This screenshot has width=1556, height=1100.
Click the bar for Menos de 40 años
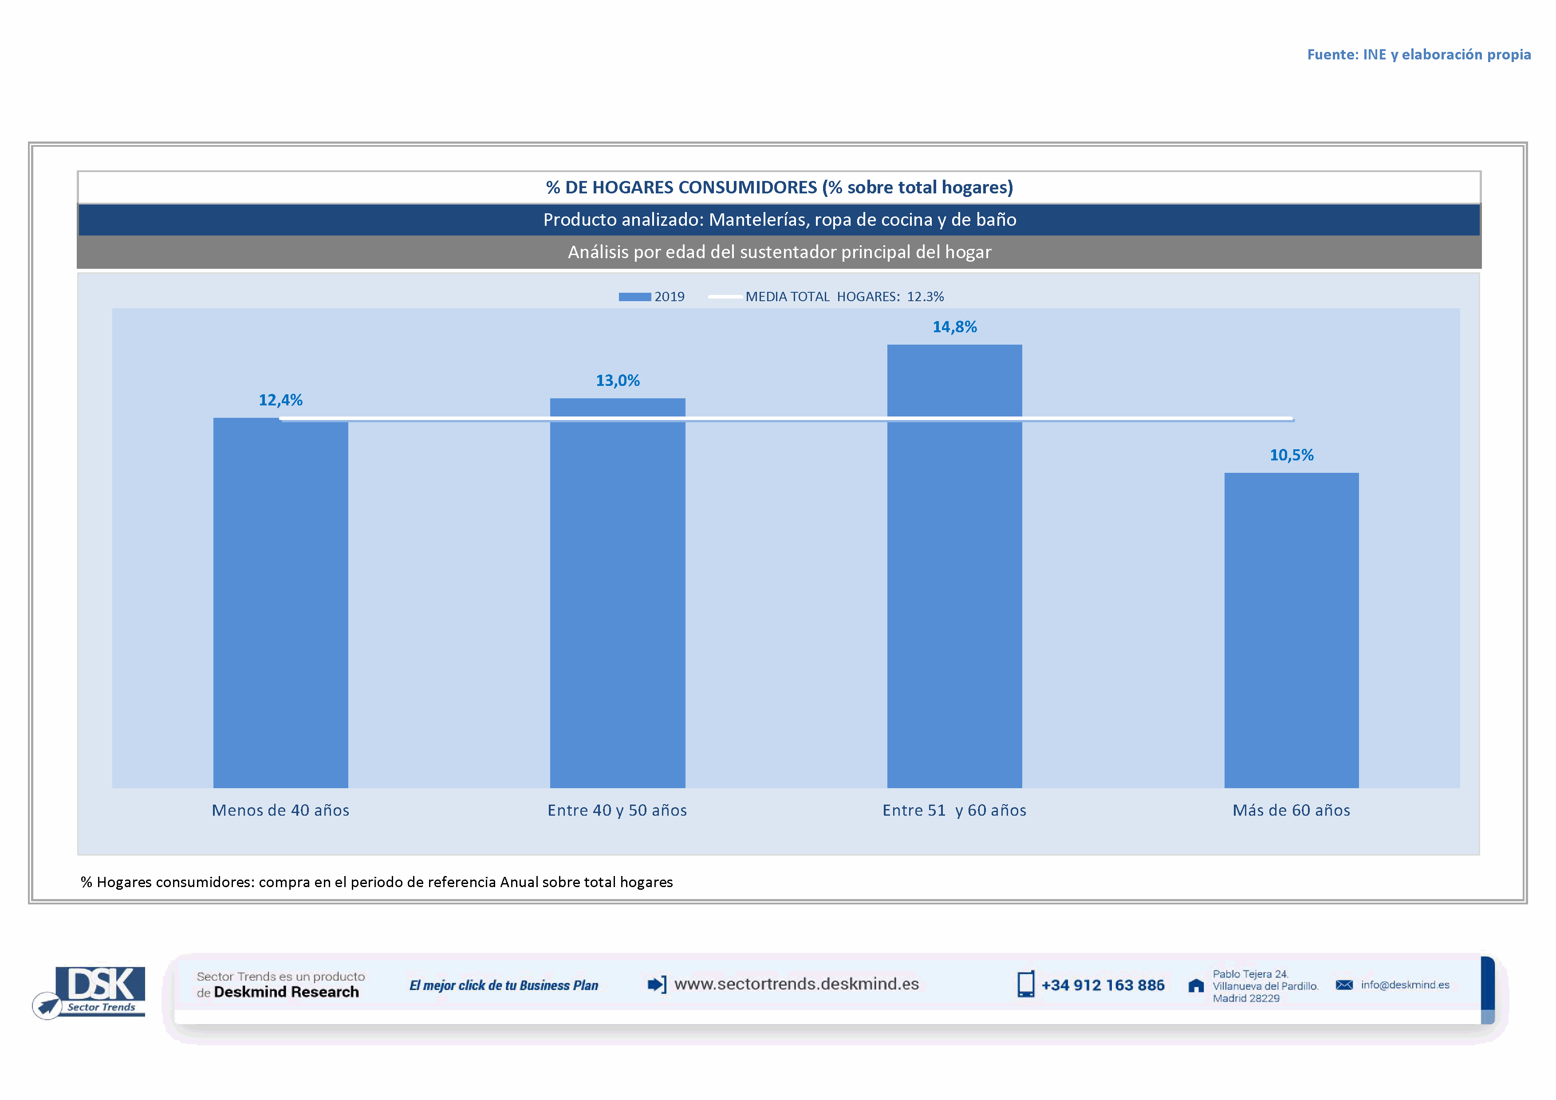280,603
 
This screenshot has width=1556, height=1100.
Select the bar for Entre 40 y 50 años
617,593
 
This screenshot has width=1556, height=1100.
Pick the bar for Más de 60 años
1291,630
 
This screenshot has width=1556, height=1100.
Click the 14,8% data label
954,327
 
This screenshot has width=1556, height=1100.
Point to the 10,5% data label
1291,455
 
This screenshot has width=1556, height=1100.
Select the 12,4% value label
280,401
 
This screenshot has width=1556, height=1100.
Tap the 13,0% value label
617,381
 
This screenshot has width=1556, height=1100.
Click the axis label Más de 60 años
1291,810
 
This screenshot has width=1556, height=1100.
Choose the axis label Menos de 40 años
280,810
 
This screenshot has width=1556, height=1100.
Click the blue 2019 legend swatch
634,297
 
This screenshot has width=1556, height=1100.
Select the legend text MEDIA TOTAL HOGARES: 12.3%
844,297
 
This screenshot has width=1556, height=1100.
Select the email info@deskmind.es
1405,985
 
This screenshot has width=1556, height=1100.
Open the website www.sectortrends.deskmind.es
796,984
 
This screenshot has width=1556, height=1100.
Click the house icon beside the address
1196,986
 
